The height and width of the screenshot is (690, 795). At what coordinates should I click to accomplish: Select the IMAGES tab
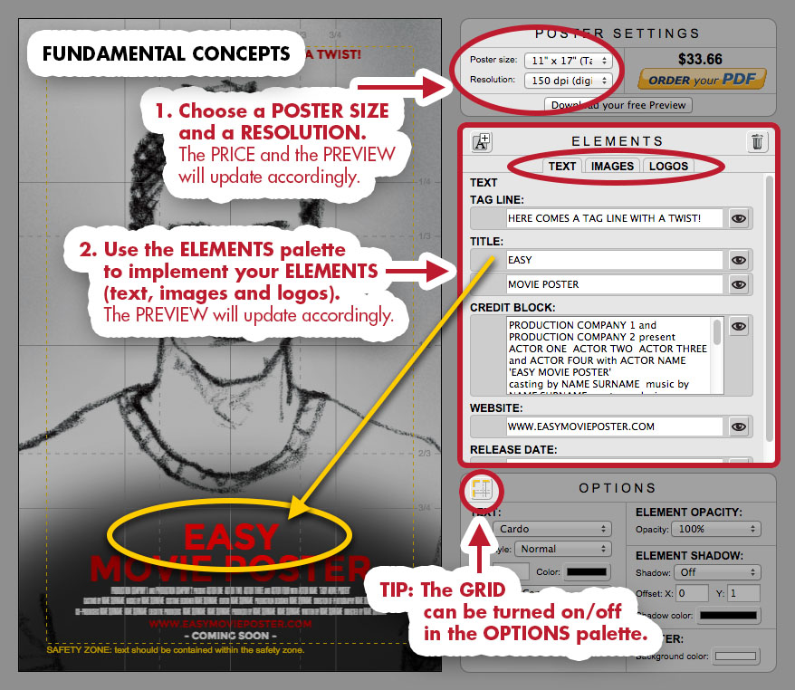(x=612, y=166)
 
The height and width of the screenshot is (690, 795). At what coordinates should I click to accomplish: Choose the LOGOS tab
(x=669, y=166)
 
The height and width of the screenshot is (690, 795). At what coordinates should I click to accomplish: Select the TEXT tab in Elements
(x=562, y=166)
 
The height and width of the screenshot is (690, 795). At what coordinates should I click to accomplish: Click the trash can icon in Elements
(x=757, y=141)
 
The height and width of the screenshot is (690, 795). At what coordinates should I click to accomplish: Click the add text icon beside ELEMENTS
(x=482, y=141)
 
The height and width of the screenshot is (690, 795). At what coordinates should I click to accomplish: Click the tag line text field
(x=615, y=218)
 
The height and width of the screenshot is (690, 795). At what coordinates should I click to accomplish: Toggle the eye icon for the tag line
(x=739, y=218)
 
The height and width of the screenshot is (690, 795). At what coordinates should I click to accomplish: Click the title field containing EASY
(x=615, y=260)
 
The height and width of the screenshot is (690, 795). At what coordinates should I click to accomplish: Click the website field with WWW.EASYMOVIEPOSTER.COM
(x=615, y=426)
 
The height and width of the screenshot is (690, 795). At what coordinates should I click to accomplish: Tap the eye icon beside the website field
(x=739, y=426)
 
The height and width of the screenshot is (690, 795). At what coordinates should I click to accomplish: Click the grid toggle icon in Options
(x=482, y=489)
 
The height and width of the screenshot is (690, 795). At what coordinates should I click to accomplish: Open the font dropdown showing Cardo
(x=552, y=529)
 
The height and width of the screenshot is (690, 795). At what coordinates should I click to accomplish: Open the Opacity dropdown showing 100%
(x=715, y=529)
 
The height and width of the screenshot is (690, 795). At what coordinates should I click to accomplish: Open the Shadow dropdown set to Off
(x=715, y=572)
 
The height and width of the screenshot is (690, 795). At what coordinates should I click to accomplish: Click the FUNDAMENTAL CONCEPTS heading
(x=167, y=54)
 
